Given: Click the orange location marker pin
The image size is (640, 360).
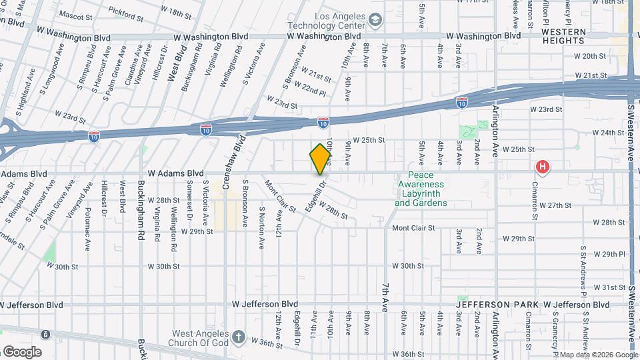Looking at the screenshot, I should pyautogui.click(x=321, y=159).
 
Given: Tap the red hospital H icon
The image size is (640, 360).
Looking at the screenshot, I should pyautogui.click(x=543, y=167).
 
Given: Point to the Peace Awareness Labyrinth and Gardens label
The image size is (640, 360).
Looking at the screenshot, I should pyautogui.click(x=421, y=189).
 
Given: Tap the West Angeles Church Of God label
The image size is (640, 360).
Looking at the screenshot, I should pyautogui.click(x=201, y=338).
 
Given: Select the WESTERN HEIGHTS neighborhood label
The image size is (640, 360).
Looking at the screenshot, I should pyautogui.click(x=563, y=36).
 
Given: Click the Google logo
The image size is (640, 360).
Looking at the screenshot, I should pyautogui.click(x=22, y=352).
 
